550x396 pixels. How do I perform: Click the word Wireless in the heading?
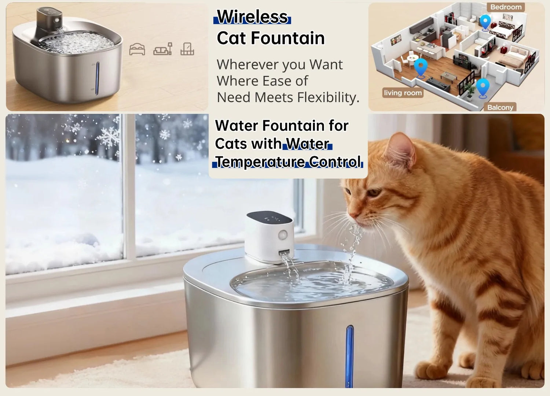tap(252, 17)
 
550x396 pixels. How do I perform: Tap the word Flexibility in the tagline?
tap(328, 97)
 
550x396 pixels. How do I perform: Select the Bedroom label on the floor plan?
tap(506, 7)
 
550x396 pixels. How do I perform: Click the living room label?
tap(403, 93)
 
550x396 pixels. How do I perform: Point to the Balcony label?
tap(500, 107)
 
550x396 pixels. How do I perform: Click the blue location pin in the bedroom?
tap(485, 23)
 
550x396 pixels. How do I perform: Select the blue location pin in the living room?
tap(421, 69)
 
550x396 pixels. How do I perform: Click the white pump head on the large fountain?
tap(269, 237)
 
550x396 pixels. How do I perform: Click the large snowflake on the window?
tap(108, 137)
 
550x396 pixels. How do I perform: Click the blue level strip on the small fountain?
tap(98, 78)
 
